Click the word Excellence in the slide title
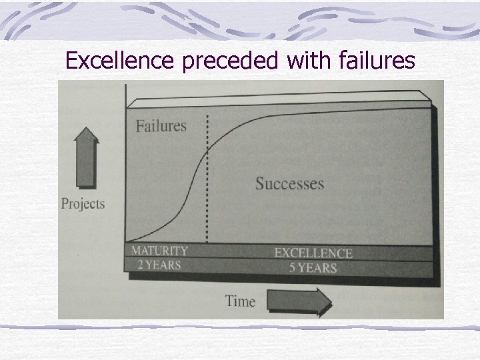click(121, 61)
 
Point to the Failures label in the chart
click(161, 126)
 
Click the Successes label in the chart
click(289, 183)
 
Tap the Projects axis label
click(83, 203)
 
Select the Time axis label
click(240, 301)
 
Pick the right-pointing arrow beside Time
click(299, 301)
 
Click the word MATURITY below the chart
click(159, 251)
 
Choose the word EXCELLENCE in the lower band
click(313, 253)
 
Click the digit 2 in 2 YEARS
click(141, 264)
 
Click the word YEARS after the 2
click(164, 264)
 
